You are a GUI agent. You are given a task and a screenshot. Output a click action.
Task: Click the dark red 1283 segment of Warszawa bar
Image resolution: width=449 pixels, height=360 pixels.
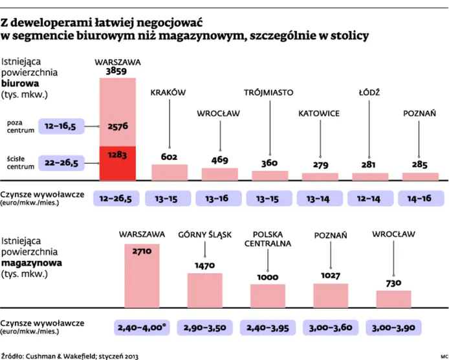click(x=117, y=163)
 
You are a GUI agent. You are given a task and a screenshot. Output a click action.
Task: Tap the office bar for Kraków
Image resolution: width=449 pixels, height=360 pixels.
click(x=169, y=172)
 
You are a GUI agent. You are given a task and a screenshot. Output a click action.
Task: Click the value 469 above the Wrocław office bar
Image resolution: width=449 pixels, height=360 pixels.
click(x=219, y=160)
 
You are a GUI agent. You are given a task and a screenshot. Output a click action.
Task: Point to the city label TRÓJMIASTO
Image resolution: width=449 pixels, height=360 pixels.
click(x=270, y=93)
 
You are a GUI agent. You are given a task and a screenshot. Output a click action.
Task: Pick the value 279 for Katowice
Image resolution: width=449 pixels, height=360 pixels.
click(x=320, y=165)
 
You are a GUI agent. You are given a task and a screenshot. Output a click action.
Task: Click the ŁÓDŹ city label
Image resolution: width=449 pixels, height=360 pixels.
click(x=369, y=93)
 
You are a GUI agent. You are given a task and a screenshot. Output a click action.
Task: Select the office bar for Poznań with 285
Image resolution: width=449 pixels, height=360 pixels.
click(x=420, y=176)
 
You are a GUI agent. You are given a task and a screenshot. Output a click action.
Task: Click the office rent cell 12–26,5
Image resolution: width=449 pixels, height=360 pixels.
click(x=117, y=197)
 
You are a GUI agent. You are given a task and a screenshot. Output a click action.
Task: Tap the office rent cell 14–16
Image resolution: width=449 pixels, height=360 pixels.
click(x=420, y=197)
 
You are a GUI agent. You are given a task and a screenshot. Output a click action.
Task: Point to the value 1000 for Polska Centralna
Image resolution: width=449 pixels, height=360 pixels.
click(x=267, y=276)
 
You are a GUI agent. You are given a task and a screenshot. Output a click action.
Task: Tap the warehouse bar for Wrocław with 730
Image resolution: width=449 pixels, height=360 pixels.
click(x=393, y=299)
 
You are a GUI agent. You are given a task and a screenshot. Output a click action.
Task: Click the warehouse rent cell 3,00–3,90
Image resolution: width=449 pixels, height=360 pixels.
click(x=393, y=328)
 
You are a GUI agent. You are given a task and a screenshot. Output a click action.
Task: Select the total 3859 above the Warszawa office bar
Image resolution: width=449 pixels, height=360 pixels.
click(x=117, y=70)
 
